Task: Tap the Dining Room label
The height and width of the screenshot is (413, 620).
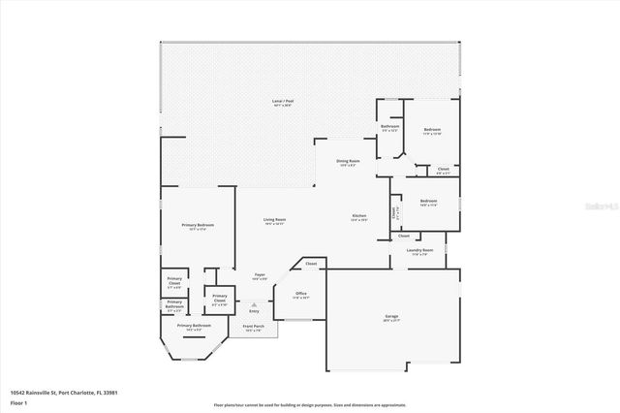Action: pyautogui.click(x=348, y=161)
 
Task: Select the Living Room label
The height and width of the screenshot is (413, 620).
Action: pyautogui.click(x=274, y=220)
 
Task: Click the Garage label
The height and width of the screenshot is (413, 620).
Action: pyautogui.click(x=391, y=317)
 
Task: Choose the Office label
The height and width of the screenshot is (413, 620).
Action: pyautogui.click(x=300, y=294)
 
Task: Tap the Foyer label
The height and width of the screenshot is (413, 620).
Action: pyautogui.click(x=260, y=275)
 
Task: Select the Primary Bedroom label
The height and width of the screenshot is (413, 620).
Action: pyautogui.click(x=197, y=225)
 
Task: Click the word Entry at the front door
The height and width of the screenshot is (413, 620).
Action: pyautogui.click(x=254, y=311)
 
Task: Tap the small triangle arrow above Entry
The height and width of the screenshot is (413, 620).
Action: pyautogui.click(x=254, y=303)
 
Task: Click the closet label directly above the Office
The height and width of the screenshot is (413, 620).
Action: pyautogui.click(x=311, y=264)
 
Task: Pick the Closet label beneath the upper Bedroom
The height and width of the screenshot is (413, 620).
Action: pyautogui.click(x=443, y=170)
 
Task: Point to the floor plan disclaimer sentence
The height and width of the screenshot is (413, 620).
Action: pyautogui.click(x=309, y=404)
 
